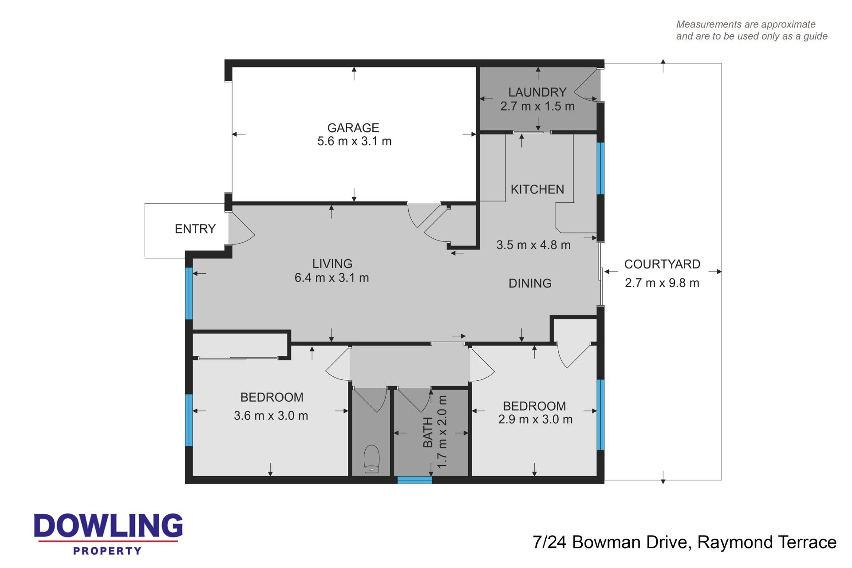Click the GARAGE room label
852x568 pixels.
tap(353, 128)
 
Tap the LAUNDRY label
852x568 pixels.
tap(537, 92)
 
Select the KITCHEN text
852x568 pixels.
tap(537, 189)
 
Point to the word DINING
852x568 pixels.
tap(530, 283)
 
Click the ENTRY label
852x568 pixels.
tap(195, 229)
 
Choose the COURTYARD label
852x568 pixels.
tap(662, 264)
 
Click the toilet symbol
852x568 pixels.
tap(371, 459)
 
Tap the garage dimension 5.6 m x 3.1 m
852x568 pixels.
tap(355, 142)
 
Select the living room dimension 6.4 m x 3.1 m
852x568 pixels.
tap(332, 278)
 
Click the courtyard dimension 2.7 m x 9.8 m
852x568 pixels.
tap(662, 283)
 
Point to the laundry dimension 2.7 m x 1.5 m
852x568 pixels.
tap(537, 106)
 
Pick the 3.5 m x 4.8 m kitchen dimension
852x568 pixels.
tap(533, 245)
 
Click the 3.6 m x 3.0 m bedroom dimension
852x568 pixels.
tap(271, 416)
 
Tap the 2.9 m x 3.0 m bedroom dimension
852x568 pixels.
tap(535, 419)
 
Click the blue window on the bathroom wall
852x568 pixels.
tap(414, 480)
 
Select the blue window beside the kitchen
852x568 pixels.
tap(600, 168)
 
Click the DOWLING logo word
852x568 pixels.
tap(108, 526)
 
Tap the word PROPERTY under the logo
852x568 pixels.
tap(107, 551)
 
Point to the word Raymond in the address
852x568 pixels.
tap(732, 542)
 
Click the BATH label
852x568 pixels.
tap(428, 432)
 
